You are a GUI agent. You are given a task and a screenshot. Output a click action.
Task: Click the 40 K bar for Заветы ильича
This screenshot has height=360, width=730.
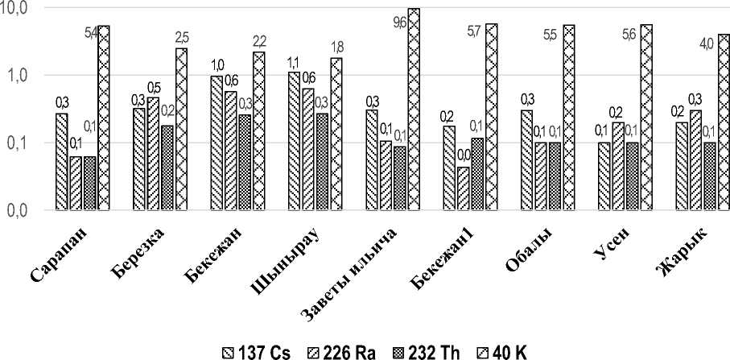point(414,110)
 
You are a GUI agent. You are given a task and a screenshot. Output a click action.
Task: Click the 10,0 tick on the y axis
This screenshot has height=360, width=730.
point(17,8)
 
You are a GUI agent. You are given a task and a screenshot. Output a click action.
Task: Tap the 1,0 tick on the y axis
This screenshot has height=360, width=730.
point(17,76)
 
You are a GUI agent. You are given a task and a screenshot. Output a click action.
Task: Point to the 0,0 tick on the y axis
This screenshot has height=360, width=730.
point(17,211)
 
